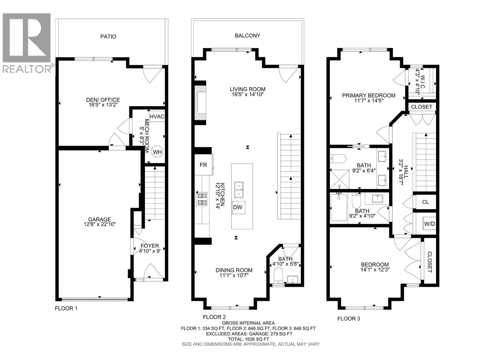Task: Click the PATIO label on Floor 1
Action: pyautogui.click(x=108, y=37)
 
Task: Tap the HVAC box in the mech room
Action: pyautogui.click(x=157, y=116)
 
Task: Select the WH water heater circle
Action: pyautogui.click(x=157, y=152)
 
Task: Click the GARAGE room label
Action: pyautogui.click(x=100, y=219)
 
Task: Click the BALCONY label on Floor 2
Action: pyautogui.click(x=247, y=36)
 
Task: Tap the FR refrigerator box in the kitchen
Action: pyautogui.click(x=204, y=165)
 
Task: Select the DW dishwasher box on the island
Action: pyautogui.click(x=238, y=207)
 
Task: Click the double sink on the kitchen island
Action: pyautogui.click(x=239, y=190)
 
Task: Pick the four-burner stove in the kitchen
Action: pyautogui.click(x=202, y=199)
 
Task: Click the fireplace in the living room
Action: pyautogui.click(x=200, y=103)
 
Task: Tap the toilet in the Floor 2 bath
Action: pyautogui.click(x=278, y=275)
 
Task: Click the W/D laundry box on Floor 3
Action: pyautogui.click(x=429, y=223)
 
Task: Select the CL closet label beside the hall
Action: pyautogui.click(x=425, y=202)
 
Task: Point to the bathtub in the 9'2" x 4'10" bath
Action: pyautogui.click(x=338, y=207)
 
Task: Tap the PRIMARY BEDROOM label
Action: pyautogui.click(x=369, y=95)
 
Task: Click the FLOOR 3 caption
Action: pyautogui.click(x=349, y=319)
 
